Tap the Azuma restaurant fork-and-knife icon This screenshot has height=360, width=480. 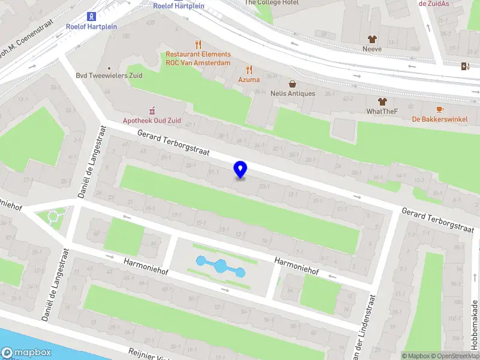click(x=249, y=70)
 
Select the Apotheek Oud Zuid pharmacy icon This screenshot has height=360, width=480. click(x=152, y=110)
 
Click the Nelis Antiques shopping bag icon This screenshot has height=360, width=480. click(x=292, y=84)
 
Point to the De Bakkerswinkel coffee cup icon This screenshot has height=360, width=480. click(x=439, y=109)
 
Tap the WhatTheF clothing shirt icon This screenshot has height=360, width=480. click(x=382, y=101)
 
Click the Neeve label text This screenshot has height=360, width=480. click(x=372, y=49)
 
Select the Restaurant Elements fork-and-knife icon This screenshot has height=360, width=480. click(x=199, y=44)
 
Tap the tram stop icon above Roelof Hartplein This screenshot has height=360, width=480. click(x=91, y=16)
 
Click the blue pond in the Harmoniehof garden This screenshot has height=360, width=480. click(x=221, y=266)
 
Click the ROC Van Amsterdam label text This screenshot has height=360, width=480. click(x=198, y=63)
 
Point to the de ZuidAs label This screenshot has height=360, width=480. click(x=434, y=3)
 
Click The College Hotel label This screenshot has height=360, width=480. click(x=272, y=2)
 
